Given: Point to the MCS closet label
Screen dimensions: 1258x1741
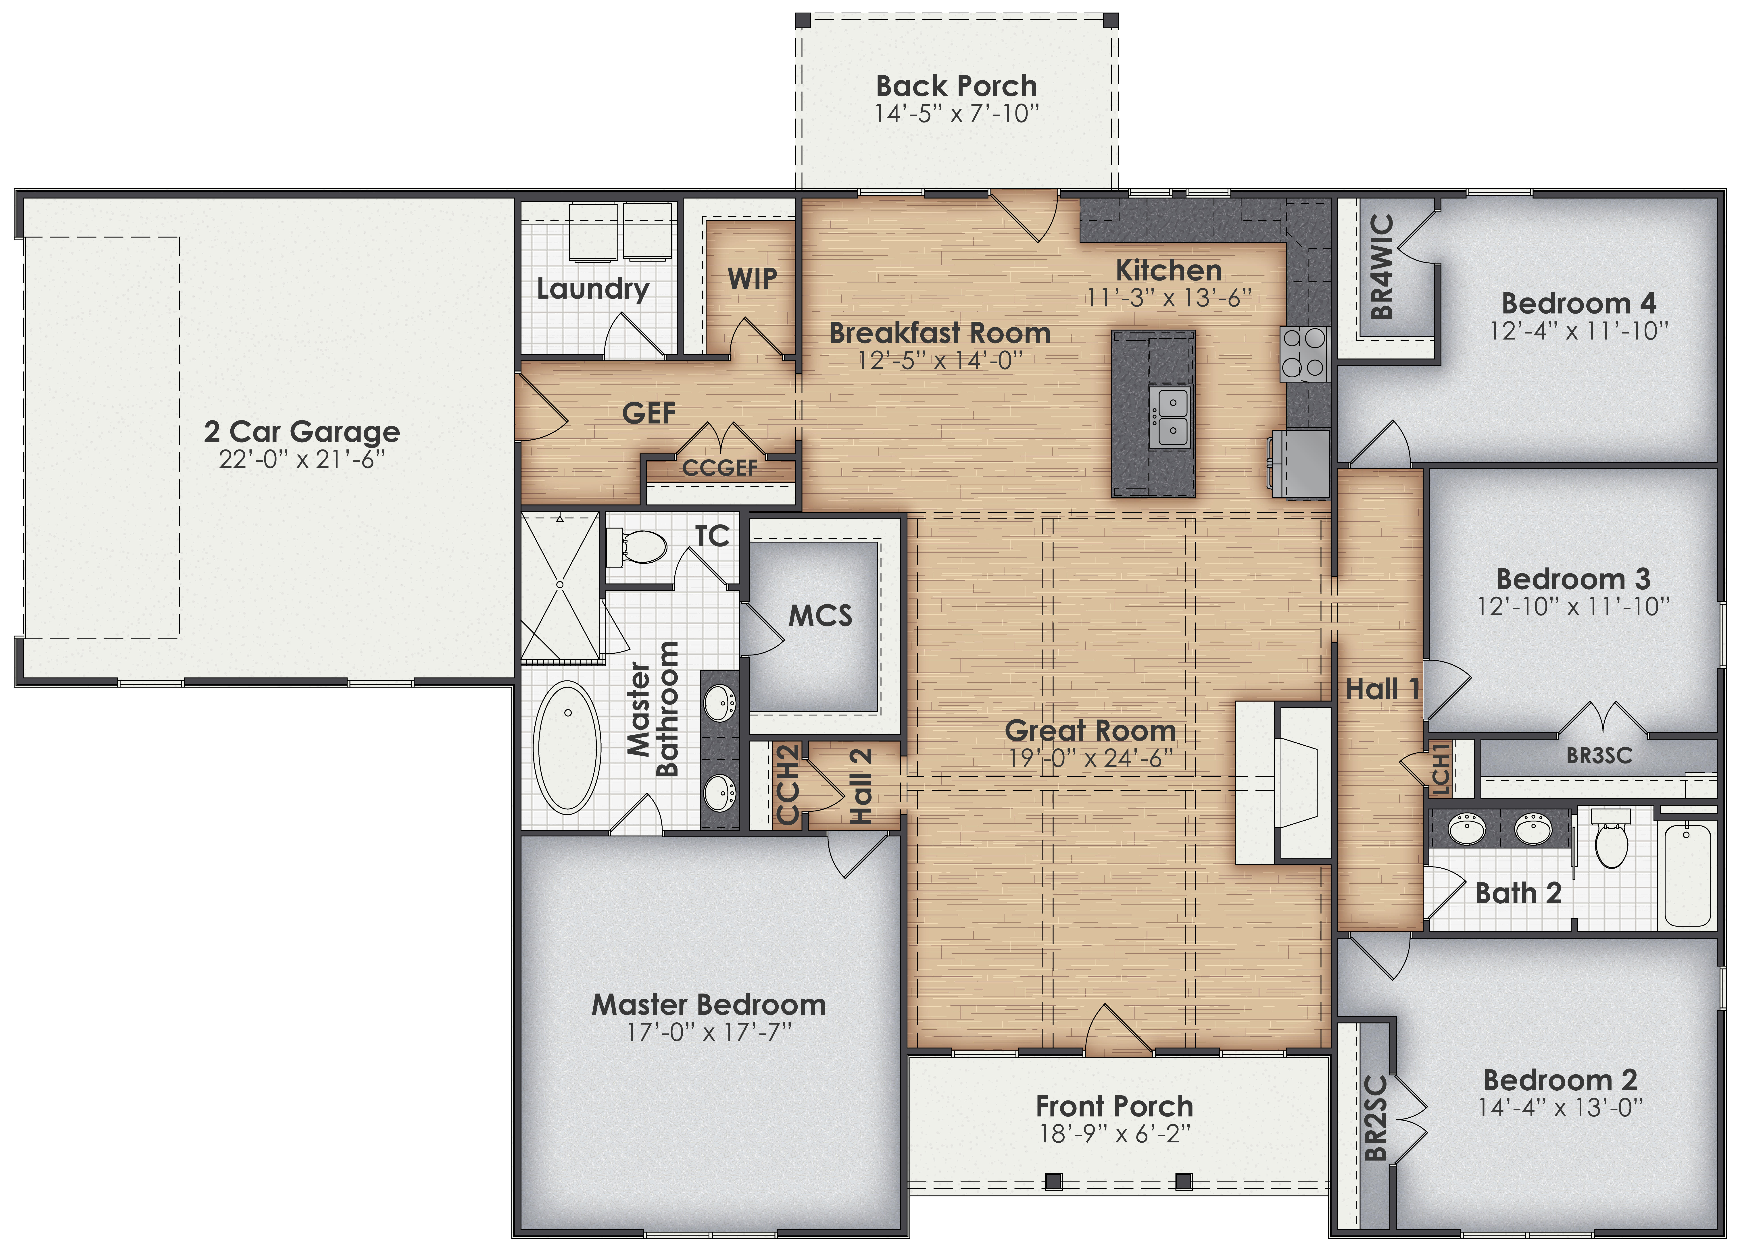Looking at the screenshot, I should pyautogui.click(x=820, y=615).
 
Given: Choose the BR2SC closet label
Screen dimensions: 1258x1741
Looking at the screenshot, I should pyautogui.click(x=1376, y=1118).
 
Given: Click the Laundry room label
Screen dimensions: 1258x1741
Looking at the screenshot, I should pyautogui.click(x=593, y=289).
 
